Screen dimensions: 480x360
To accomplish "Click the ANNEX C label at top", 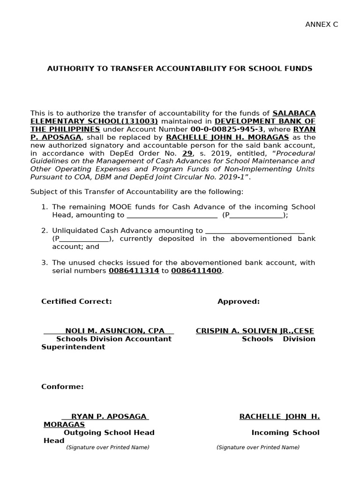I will coord(322,25).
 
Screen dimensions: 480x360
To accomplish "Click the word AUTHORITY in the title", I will coord(68,68).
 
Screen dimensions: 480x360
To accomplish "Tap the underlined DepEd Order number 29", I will coord(187,153).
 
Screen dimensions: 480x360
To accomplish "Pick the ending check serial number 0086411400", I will coord(196,271).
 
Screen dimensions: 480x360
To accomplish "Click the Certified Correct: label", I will coord(76,301).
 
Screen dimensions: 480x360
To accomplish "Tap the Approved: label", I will coord(238,301).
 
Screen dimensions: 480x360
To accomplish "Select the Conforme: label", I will coord(62,387).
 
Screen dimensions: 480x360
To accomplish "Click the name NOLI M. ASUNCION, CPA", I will coord(114,331).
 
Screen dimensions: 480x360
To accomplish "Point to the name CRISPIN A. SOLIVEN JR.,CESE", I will coord(255,331).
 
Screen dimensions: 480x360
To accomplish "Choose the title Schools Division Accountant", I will coord(114,339).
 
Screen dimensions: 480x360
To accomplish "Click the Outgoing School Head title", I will coord(109,433).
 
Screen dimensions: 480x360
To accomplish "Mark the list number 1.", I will coord(44,207).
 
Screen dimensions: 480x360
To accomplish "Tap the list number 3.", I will coord(44,262).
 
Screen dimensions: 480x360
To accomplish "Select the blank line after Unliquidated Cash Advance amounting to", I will coord(255,231).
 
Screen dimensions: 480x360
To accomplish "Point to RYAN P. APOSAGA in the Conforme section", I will coord(109,416).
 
